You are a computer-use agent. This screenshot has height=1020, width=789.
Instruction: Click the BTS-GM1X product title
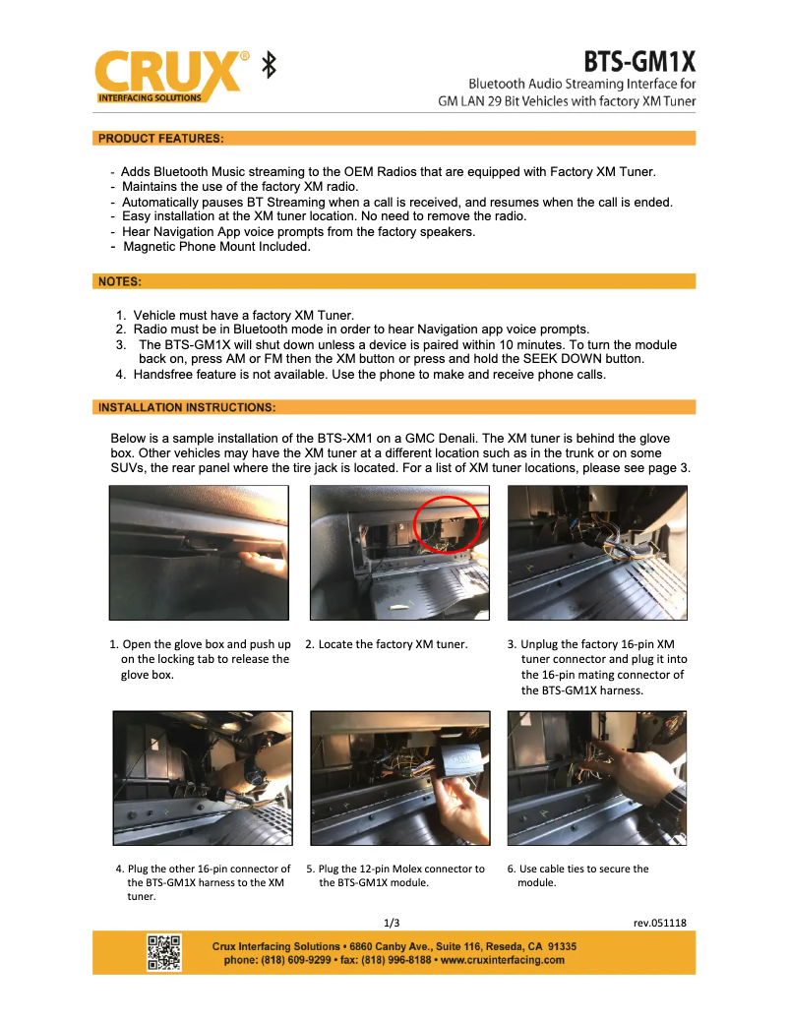(639, 62)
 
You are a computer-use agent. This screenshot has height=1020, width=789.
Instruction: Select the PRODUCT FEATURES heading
(160, 138)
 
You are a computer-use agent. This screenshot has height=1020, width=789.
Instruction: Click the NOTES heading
(120, 281)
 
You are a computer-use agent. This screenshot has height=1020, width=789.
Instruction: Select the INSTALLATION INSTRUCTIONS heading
(186, 406)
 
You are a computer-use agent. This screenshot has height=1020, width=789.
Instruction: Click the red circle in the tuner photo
(448, 525)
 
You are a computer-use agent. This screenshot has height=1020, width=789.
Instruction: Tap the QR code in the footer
(163, 952)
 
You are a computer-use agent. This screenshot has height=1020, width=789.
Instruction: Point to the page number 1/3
(392, 923)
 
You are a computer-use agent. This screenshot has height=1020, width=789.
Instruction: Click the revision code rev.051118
(659, 923)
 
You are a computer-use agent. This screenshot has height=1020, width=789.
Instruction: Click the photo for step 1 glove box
(199, 552)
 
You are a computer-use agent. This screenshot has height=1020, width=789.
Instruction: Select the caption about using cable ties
(582, 875)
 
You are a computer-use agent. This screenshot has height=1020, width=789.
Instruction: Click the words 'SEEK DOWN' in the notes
(575, 359)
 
